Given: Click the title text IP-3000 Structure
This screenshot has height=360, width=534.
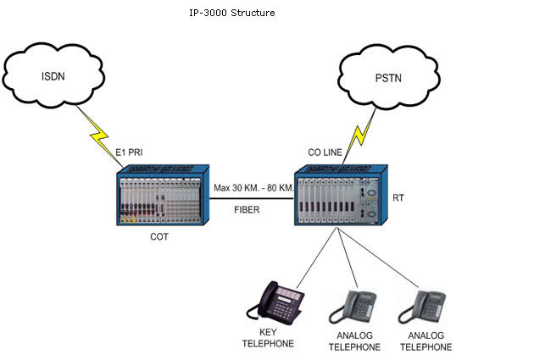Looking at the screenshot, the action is pos(232,13).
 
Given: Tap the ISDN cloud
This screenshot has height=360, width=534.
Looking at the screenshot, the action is pos(53,75).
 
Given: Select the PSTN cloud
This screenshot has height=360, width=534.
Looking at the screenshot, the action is pos(388,77).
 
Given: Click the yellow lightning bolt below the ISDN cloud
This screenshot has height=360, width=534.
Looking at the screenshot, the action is pos(100,136).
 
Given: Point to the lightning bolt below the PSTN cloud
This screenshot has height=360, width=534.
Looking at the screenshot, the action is pos(359,136).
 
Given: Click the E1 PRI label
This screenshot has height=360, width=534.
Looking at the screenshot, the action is pos(129,152).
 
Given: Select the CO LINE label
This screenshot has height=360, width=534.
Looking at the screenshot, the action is pos(325,152).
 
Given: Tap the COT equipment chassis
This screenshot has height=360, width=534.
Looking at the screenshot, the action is pos(163,195).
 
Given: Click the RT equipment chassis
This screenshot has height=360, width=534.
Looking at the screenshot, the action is pos(341,195).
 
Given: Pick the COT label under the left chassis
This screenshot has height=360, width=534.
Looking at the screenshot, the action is pos(159,236).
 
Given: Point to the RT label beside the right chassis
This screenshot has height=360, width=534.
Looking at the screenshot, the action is pos(398,197).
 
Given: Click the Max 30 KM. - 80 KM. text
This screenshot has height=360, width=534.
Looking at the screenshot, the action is pos(253,187).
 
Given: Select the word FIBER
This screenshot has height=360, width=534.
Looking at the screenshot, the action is pos(247,209).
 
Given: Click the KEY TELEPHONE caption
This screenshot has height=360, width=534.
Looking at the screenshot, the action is pos(268,338).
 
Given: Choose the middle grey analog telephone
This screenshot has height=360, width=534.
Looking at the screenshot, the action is pos(353,307).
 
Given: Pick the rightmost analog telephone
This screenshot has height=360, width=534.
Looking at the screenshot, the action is pos(422,307).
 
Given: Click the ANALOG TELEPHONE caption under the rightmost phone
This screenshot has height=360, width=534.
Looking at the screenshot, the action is pos(426,341).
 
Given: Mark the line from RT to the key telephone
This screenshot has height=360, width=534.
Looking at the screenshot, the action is pos(317,258).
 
